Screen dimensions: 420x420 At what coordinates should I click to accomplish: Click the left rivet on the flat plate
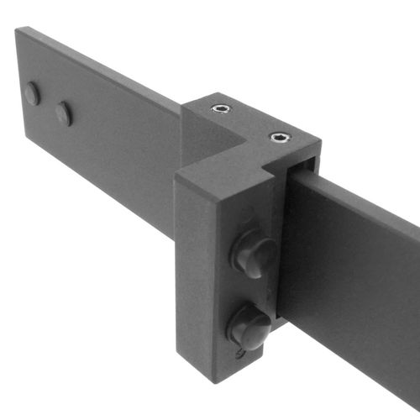coord(31,92)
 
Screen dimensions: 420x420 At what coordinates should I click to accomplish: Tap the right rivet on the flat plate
coord(63,113)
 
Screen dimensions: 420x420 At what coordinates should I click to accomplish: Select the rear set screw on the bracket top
coord(221,108)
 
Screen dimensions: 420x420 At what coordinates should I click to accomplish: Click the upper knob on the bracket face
coord(253,254)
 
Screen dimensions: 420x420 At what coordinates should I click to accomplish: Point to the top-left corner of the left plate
coord(16,30)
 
